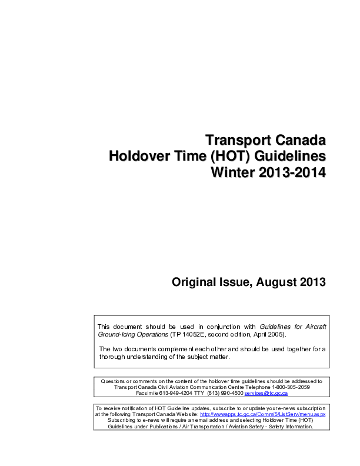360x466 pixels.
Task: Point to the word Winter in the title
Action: click(x=231, y=174)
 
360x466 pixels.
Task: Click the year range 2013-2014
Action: click(x=291, y=174)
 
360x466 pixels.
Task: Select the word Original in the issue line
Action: click(x=194, y=282)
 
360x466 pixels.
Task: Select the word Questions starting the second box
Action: click(x=114, y=381)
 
